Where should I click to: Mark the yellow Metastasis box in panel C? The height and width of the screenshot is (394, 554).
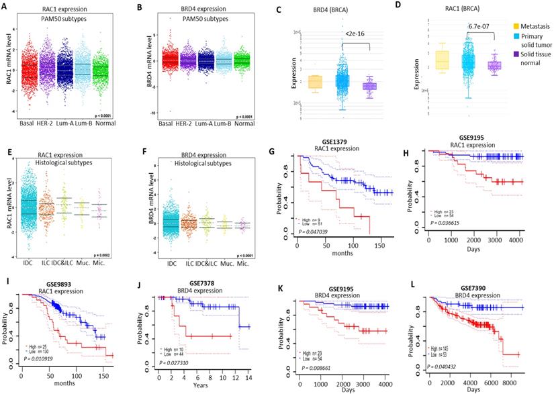click(x=315, y=82)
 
